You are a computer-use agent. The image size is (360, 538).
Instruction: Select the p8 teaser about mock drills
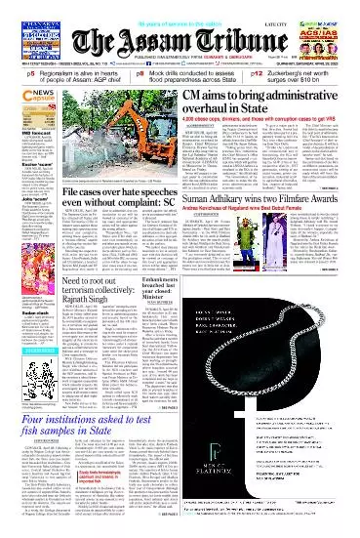(181, 72)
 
